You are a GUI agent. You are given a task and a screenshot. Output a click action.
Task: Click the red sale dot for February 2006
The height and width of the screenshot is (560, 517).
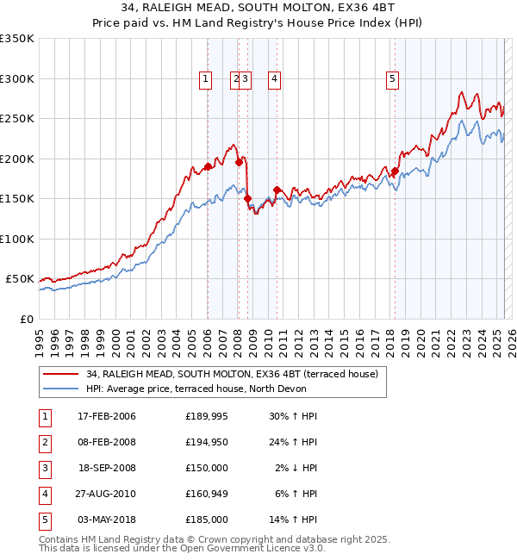(x=208, y=167)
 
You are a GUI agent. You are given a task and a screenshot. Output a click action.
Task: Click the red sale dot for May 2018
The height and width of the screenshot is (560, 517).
(x=395, y=171)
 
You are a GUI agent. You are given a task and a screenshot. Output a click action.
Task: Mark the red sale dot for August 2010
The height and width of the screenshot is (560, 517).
(x=277, y=190)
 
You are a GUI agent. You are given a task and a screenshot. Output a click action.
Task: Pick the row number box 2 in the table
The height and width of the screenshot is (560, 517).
(x=44, y=442)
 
